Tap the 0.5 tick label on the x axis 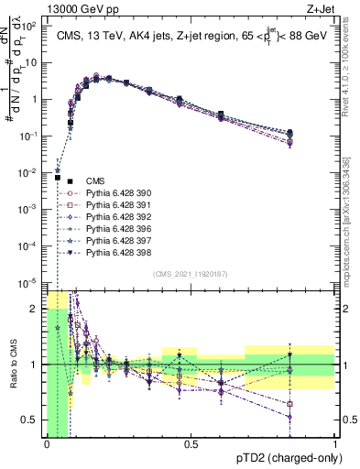click(191, 443)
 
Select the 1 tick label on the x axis click(335, 443)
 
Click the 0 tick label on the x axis click(47, 443)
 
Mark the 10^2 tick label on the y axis click(29, 27)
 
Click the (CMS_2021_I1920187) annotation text click(191, 273)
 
